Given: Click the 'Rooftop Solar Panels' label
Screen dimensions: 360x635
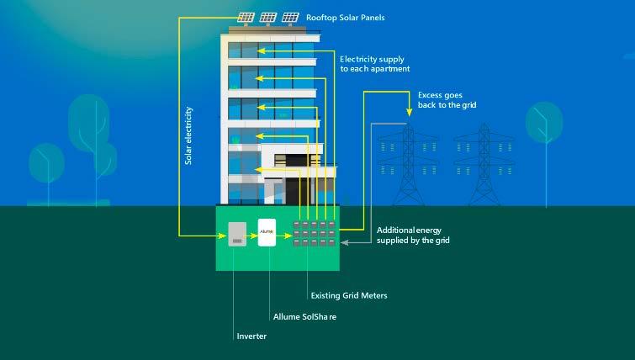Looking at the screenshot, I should point(345,17).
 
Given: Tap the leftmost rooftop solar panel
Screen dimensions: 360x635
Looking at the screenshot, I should point(246,17).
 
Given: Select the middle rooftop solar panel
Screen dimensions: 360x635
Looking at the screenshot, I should point(268,17).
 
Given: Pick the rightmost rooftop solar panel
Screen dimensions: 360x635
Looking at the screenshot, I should point(290,17).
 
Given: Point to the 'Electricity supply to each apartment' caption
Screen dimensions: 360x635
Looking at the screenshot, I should point(373,65).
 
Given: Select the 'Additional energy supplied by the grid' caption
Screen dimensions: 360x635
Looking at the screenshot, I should point(409,236).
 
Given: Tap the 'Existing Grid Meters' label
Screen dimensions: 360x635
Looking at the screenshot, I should point(349,295).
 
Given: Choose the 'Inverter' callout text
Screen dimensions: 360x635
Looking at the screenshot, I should point(252,338).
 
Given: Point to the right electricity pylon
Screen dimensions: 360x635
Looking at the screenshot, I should point(484,166).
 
